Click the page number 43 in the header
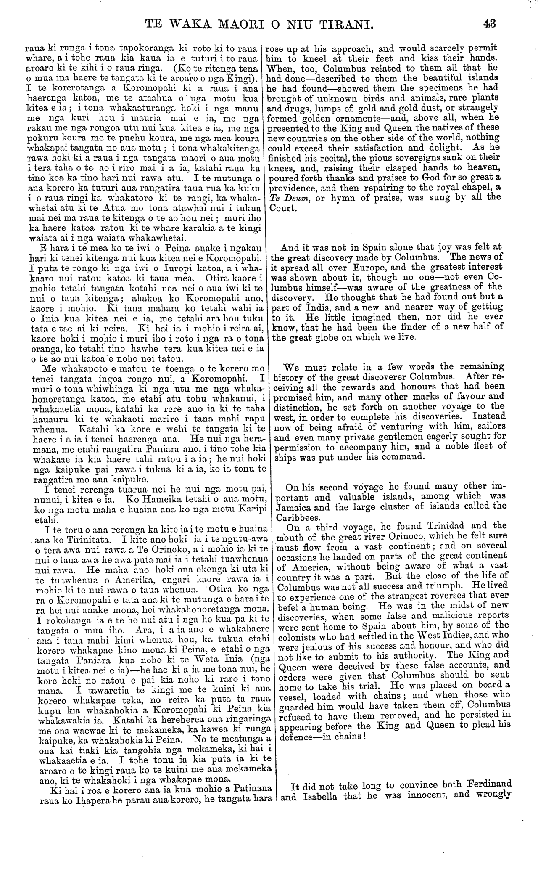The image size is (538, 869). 489,24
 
